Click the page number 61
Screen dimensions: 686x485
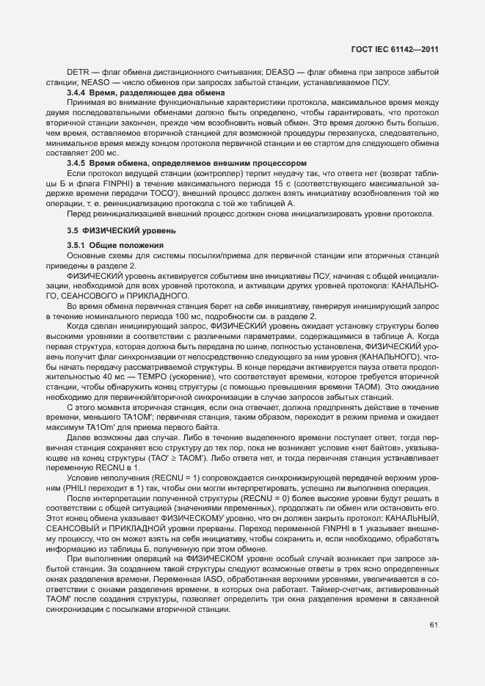tap(433, 625)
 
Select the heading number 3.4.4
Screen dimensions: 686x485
tap(77, 94)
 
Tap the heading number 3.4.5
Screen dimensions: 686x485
tap(77, 162)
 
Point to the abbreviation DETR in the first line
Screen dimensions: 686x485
tap(77, 73)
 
